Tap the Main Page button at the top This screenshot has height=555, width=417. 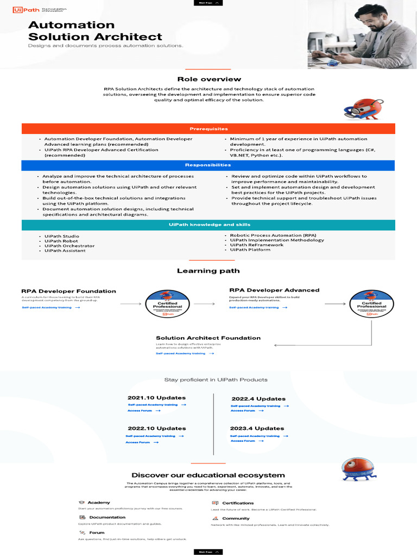(208, 3)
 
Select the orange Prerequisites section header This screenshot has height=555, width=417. (208, 129)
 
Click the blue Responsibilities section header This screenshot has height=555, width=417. (208, 165)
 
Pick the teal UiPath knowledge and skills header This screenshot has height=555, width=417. (208, 225)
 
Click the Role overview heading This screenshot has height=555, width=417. (208, 79)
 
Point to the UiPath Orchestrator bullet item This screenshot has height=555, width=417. (69, 246)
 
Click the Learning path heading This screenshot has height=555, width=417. (208, 271)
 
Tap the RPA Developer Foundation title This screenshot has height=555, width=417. (68, 291)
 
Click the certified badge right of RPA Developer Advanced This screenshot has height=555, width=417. (371, 304)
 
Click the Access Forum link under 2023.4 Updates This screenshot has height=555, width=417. (243, 441)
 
